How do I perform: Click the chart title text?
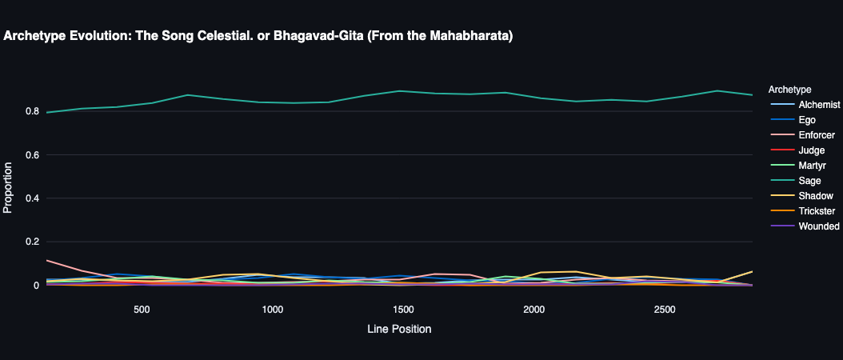[x=258, y=36]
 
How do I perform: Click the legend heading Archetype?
[x=789, y=89]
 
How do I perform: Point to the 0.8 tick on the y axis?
[x=31, y=111]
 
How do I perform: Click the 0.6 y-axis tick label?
[x=31, y=154]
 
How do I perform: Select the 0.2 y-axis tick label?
[x=31, y=242]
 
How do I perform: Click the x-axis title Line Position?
[x=400, y=329]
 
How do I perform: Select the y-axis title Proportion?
[x=9, y=188]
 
